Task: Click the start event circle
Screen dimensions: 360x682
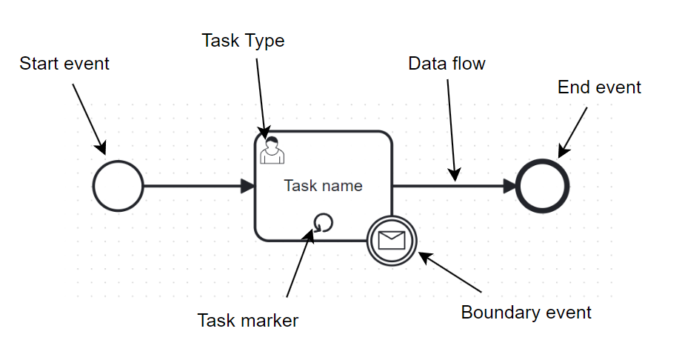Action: click(118, 186)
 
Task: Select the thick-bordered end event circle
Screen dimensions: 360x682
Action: click(543, 186)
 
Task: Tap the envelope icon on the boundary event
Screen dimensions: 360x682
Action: click(392, 240)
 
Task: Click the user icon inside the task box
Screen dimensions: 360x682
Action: click(272, 150)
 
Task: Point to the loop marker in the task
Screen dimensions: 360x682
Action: click(324, 222)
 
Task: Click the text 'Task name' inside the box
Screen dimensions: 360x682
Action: click(323, 185)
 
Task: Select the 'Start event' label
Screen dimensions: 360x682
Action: click(64, 64)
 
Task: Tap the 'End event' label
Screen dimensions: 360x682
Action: click(599, 87)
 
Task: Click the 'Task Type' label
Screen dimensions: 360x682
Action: click(243, 41)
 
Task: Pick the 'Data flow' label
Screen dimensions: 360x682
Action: click(447, 64)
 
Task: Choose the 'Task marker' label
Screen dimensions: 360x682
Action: click(247, 320)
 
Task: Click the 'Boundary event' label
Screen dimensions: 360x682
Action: click(526, 312)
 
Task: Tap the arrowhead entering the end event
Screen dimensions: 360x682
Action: click(510, 186)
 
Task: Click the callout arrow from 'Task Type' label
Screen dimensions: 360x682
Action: click(261, 96)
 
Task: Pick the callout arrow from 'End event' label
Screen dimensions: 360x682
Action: click(572, 132)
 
